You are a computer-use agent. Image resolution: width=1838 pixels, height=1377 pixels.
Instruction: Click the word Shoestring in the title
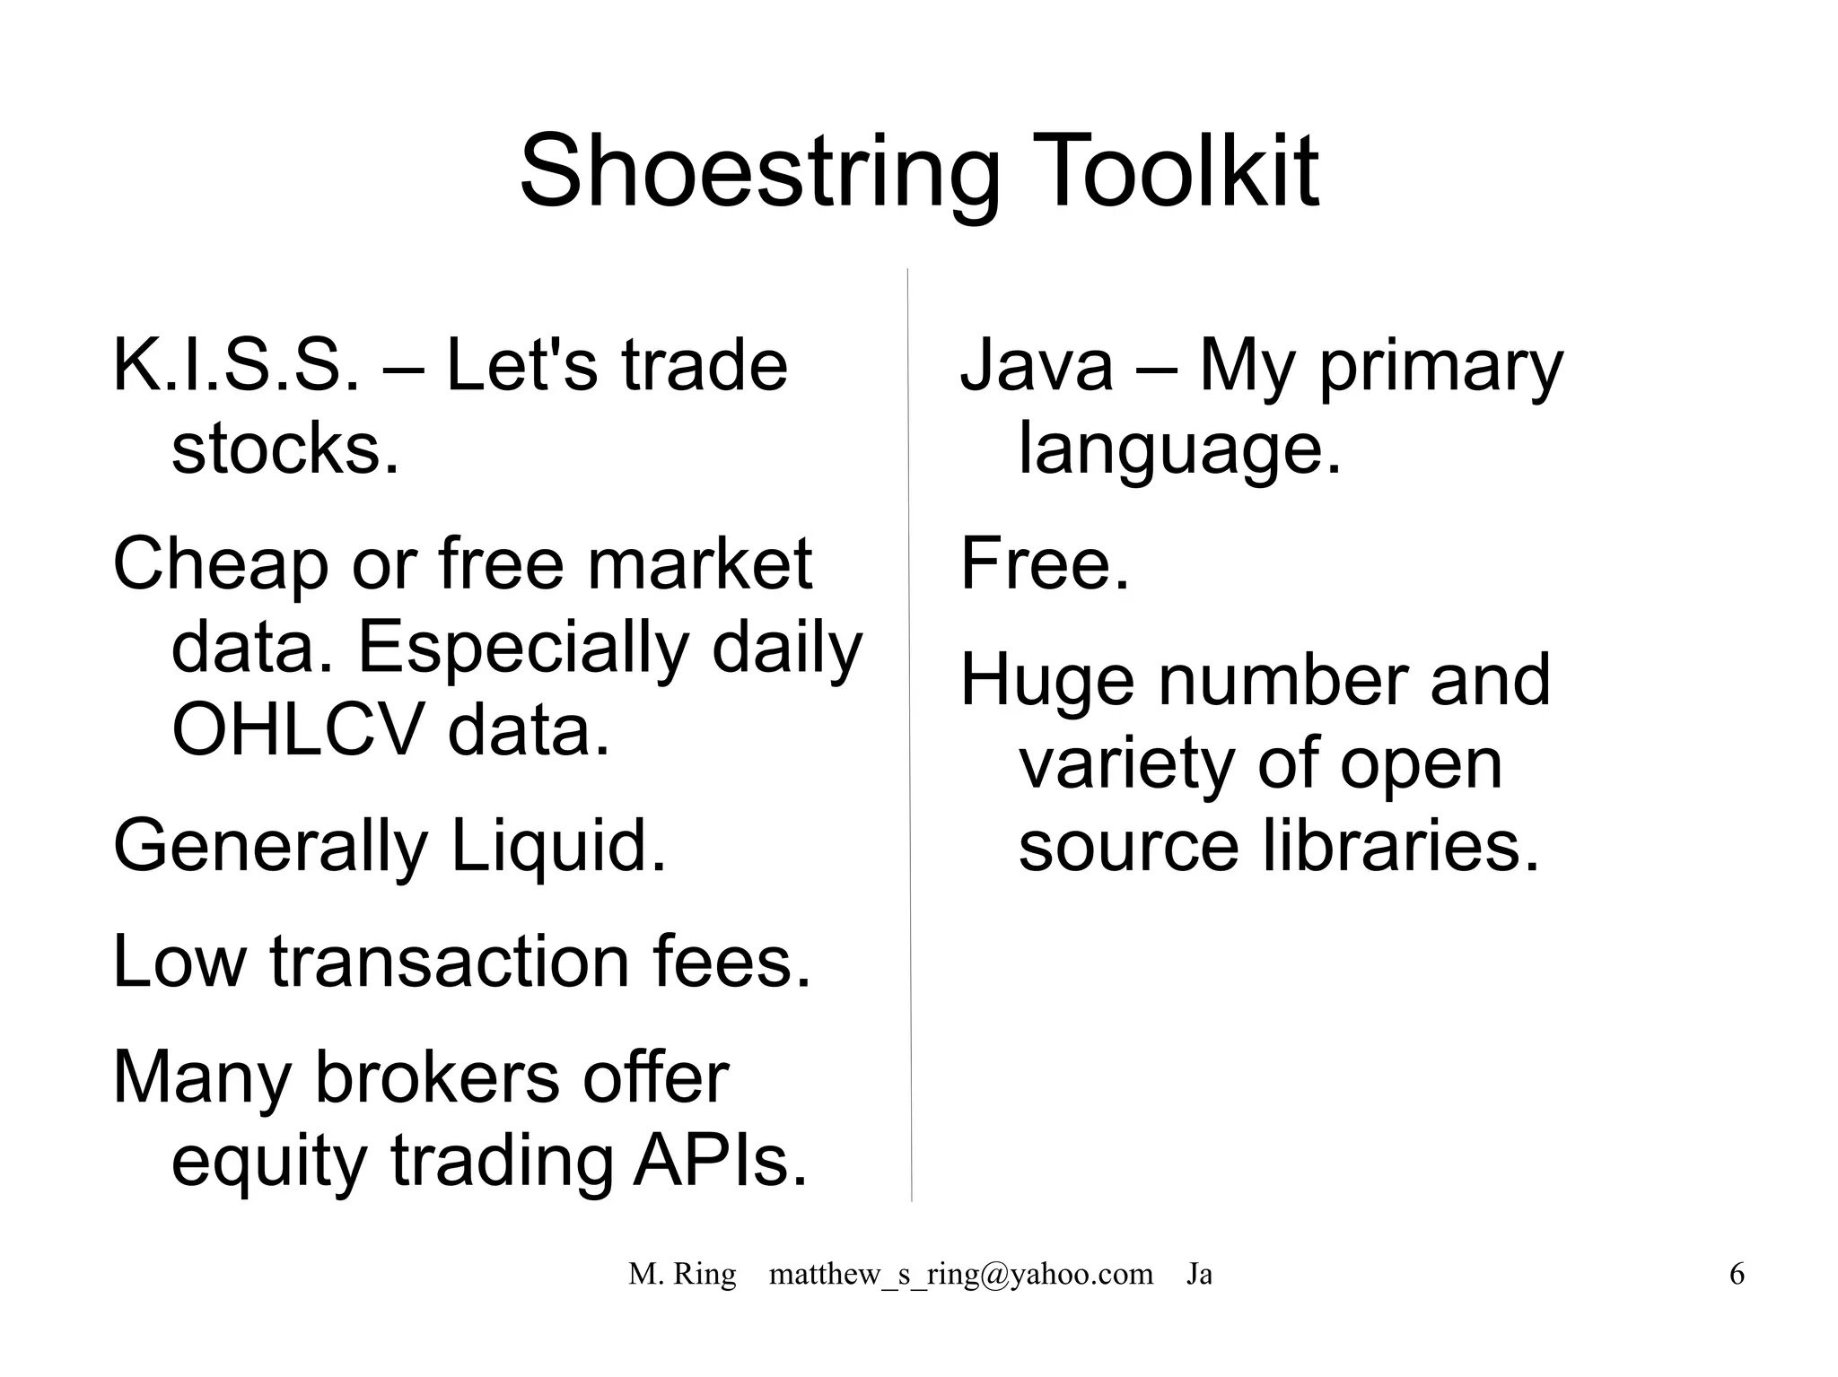(759, 172)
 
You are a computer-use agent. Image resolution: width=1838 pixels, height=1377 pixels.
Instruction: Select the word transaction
(450, 962)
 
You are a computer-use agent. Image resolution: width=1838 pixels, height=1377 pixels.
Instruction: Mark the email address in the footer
(960, 1274)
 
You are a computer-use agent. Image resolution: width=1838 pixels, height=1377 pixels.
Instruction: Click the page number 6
(1737, 1274)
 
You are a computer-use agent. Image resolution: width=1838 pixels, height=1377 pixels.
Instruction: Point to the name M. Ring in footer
(682, 1274)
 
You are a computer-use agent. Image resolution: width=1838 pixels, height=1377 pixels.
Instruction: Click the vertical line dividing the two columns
(909, 736)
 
